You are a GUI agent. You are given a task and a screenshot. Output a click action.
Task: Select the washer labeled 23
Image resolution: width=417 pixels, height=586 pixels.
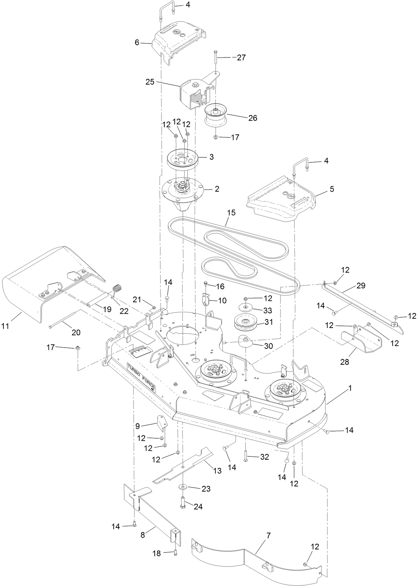pos(183,487)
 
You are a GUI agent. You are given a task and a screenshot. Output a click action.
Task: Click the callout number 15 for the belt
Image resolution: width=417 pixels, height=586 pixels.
pos(231,213)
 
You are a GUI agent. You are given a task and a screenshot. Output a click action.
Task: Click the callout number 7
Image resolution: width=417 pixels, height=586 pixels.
pos(268,535)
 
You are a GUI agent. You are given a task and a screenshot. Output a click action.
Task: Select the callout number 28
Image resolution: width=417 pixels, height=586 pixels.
pos(345,362)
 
